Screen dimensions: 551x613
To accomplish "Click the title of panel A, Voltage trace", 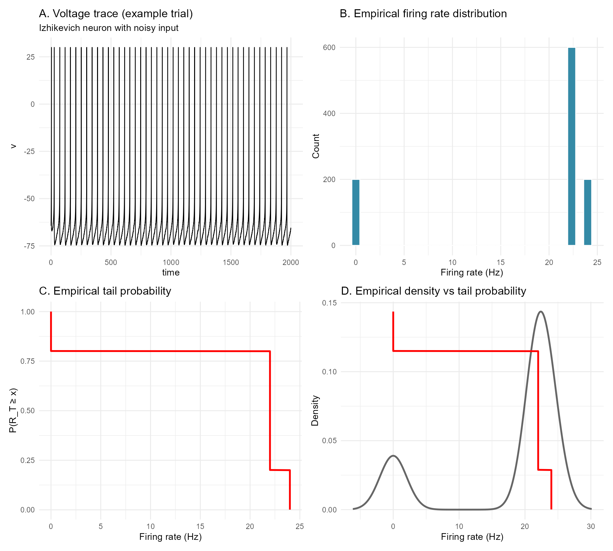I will [x=116, y=14].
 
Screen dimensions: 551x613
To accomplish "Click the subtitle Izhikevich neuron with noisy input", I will [x=109, y=28].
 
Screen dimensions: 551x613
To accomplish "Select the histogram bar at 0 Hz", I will [x=356, y=212].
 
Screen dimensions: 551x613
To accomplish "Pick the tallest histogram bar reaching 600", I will [x=571, y=147].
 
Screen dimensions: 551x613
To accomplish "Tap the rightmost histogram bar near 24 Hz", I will [x=587, y=212].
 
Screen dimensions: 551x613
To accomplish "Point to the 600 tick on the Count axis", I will [x=329, y=48].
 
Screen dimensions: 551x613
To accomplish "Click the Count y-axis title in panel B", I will [x=316, y=146].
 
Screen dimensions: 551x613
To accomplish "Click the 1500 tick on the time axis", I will [x=231, y=262].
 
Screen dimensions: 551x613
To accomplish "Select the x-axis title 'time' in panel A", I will [x=171, y=273].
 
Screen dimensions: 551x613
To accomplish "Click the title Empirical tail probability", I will [x=105, y=291].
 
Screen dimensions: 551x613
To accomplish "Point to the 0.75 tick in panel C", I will [x=28, y=361].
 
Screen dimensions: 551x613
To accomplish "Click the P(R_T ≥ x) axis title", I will [x=13, y=410].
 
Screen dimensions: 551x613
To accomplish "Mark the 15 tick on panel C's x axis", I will [x=200, y=526].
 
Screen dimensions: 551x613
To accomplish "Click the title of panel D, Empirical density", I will [x=433, y=291].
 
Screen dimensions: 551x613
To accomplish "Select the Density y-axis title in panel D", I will [x=315, y=410].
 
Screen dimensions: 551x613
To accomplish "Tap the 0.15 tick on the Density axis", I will [x=329, y=303].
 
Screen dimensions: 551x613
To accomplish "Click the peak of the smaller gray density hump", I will [x=393, y=456].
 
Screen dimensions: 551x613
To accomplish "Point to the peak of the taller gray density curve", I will [x=541, y=312].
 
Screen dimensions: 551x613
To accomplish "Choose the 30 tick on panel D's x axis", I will [x=591, y=526].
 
